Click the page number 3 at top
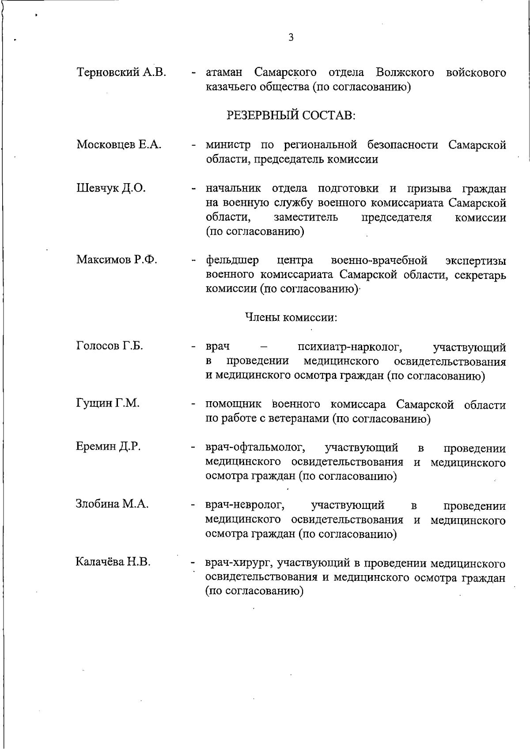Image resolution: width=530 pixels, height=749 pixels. tap(291, 38)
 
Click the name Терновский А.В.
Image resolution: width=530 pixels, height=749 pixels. tap(121, 72)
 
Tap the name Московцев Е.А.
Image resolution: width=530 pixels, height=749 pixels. tap(119, 144)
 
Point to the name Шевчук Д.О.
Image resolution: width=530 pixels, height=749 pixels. tap(111, 188)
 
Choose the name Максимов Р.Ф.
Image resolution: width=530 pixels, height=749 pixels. tap(117, 260)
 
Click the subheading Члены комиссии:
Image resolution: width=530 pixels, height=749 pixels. tap(291, 317)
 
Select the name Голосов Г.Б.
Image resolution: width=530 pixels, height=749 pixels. tap(110, 346)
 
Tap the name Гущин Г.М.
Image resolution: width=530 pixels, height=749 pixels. tap(108, 403)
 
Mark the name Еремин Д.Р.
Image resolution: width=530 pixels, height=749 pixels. tap(108, 446)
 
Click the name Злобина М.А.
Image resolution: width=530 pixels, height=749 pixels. tap(112, 504)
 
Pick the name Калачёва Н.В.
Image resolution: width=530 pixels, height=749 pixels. tap(113, 562)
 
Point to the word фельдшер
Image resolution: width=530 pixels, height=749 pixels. tap(232, 260)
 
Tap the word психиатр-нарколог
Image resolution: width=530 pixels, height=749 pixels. tap(349, 347)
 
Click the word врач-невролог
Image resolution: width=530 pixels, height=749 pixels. tap(245, 505)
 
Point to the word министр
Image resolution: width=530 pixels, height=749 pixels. tap(228, 145)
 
